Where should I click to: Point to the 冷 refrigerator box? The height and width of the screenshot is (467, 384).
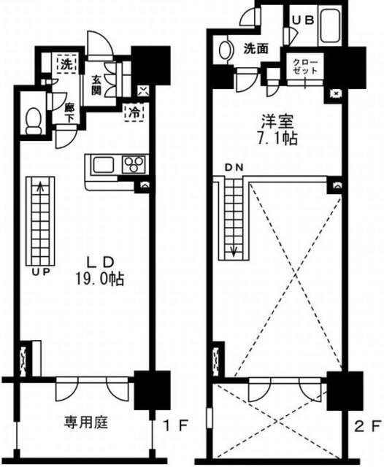[135, 112]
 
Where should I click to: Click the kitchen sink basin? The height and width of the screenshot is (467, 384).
[101, 163]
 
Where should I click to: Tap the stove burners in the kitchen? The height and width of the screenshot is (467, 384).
[134, 163]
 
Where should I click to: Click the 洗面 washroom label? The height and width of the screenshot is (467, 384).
[256, 49]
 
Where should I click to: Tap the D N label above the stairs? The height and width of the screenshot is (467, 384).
[233, 168]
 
